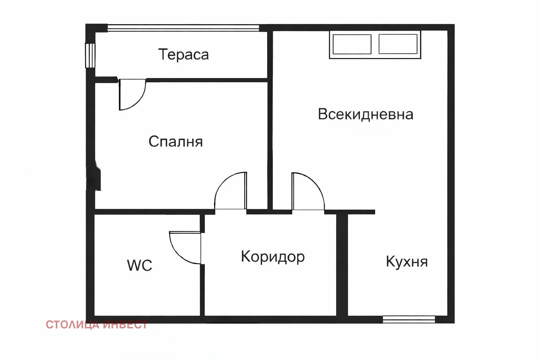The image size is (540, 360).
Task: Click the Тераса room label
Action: click(x=184, y=54)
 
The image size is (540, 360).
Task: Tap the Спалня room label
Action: click(x=175, y=141)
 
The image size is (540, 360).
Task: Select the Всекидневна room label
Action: click(x=365, y=114)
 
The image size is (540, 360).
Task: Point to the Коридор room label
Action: click(x=272, y=257)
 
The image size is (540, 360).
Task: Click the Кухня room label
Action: click(x=407, y=262)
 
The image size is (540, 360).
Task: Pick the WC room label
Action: click(x=140, y=265)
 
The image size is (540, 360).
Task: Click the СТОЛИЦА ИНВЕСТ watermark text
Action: click(x=97, y=324)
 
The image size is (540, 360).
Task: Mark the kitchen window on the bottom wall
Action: click(x=409, y=319)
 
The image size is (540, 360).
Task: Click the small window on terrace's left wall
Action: click(x=90, y=55)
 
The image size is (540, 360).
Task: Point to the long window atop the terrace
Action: click(x=183, y=28)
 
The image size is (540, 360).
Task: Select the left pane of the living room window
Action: click(x=352, y=44)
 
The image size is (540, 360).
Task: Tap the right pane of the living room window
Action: click(x=398, y=44)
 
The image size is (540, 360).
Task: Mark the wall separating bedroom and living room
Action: click(x=270, y=120)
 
